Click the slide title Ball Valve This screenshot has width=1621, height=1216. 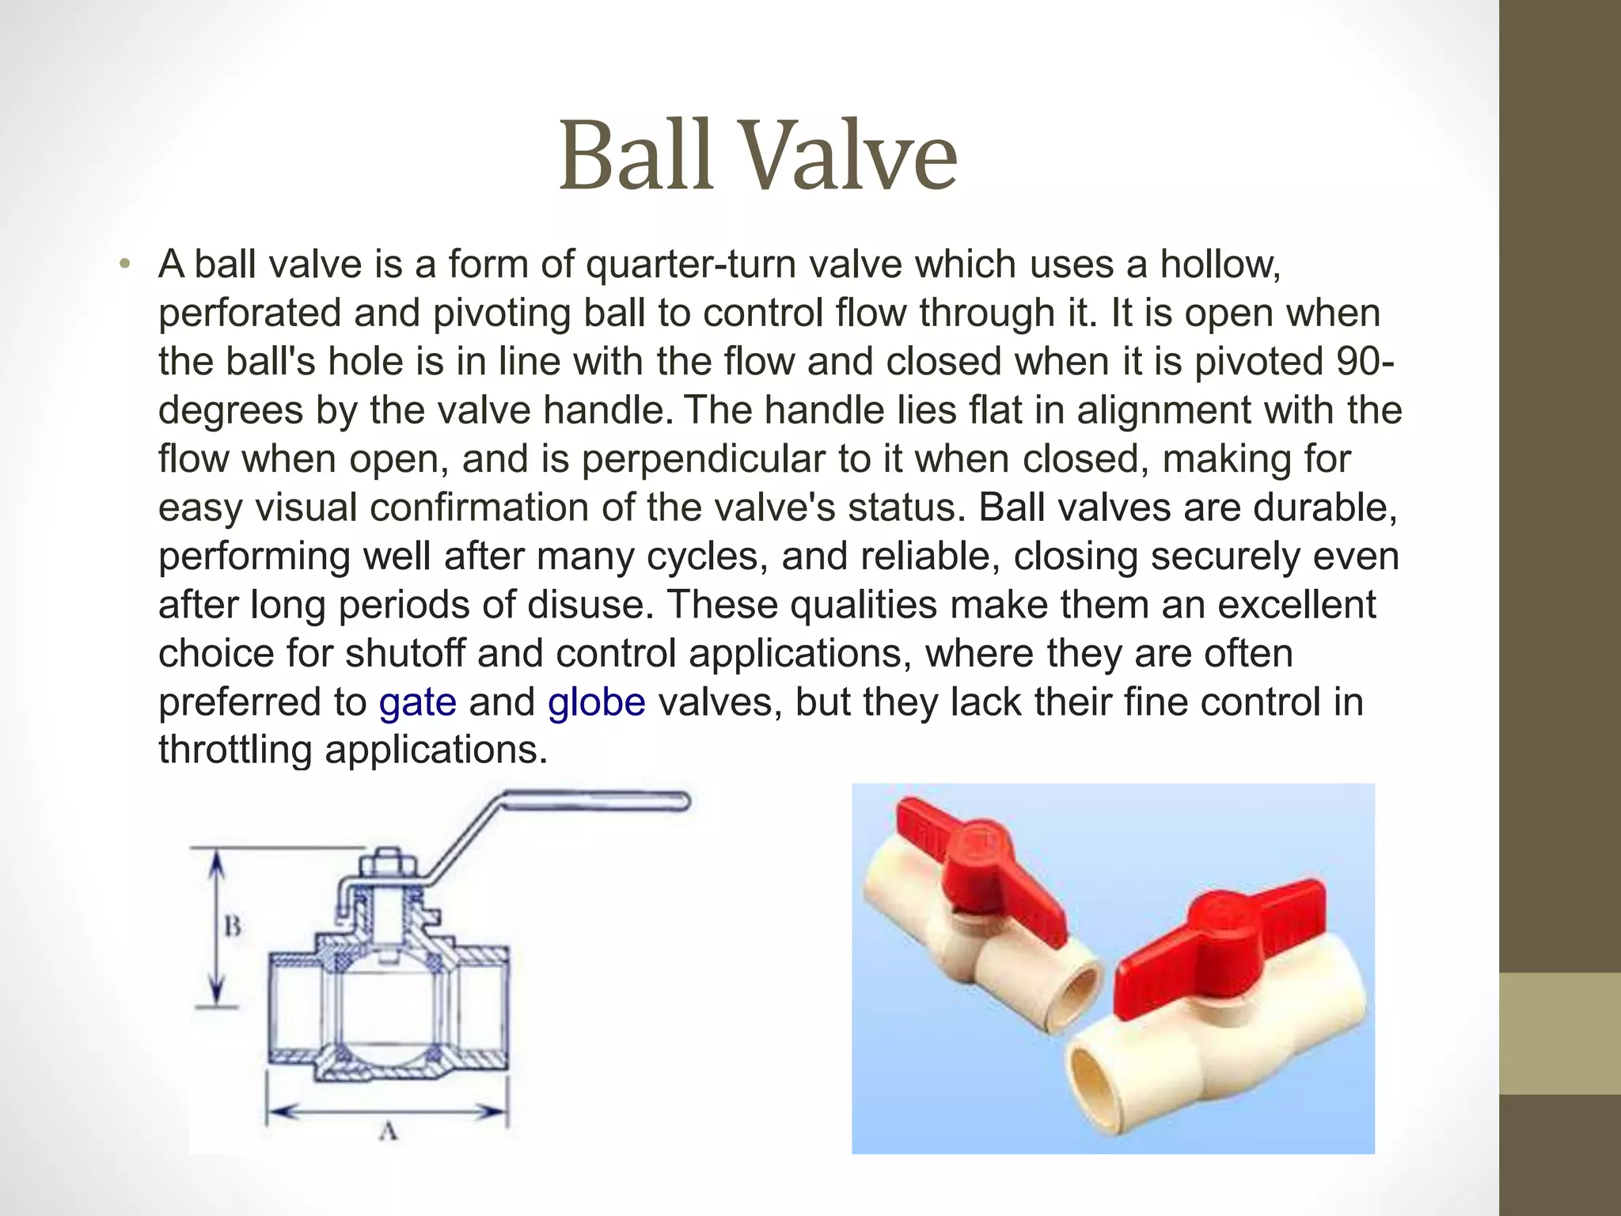pos(758,156)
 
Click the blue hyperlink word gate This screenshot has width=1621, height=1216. pos(417,702)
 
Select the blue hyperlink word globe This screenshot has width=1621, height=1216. pos(596,702)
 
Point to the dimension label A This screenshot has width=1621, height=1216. pos(388,1132)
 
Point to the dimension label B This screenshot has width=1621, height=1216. pos(232,925)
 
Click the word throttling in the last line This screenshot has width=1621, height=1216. pos(234,749)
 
